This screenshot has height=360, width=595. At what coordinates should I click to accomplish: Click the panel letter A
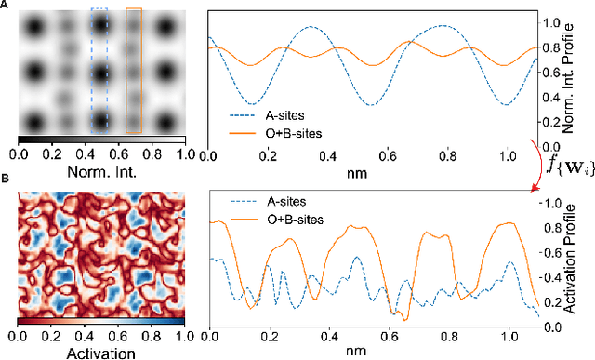(6, 7)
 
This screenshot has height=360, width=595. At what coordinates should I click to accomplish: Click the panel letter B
(6, 179)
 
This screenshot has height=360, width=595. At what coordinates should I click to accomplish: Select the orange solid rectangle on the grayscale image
(134, 70)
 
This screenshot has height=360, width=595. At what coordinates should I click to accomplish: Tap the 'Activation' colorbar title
(100, 352)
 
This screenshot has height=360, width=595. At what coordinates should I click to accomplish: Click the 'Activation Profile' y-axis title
(583, 260)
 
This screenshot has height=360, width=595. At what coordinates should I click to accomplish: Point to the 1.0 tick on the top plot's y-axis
(550, 22)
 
